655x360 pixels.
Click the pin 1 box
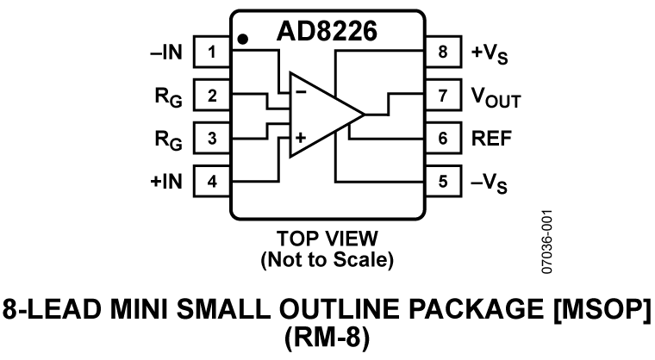coord(211,53)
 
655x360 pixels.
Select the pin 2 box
coord(211,95)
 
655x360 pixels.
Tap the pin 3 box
coord(211,138)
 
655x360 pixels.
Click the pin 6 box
coord(443,138)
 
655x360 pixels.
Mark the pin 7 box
coord(443,95)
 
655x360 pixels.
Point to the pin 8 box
coord(443,53)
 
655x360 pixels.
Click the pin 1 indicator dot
coord(244,39)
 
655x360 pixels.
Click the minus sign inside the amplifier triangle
coord(301,89)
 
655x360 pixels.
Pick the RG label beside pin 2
coord(167,96)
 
